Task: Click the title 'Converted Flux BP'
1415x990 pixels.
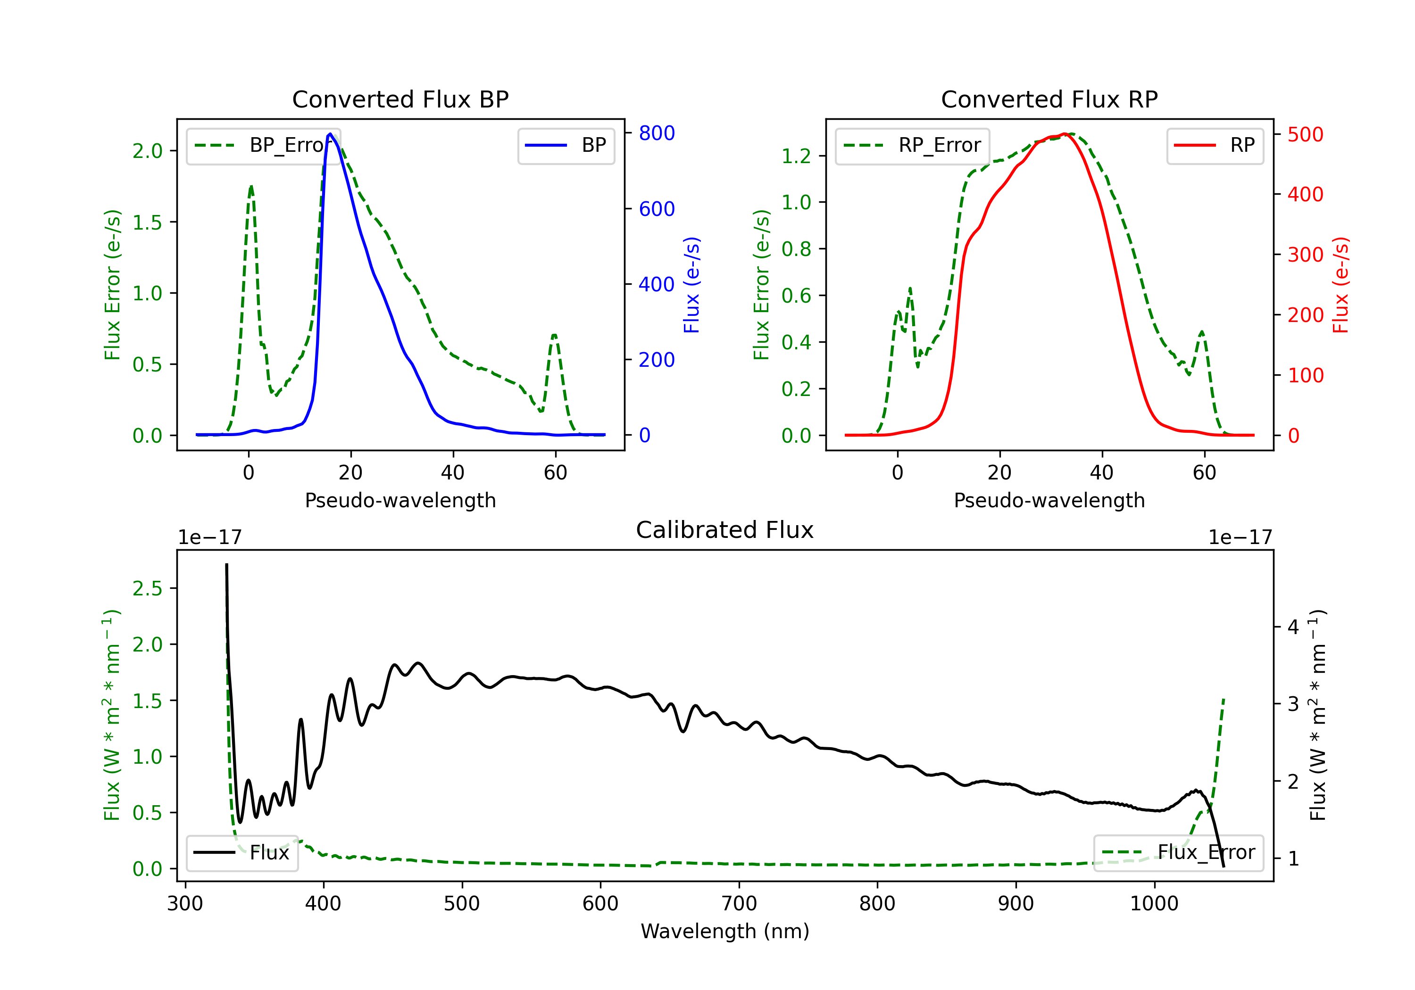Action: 400,99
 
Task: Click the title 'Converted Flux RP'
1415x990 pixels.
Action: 1049,99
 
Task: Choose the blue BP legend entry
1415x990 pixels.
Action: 566,145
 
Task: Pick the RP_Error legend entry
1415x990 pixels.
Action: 912,145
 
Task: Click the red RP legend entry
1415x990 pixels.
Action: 1214,145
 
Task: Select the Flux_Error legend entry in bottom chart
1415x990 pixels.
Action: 1178,853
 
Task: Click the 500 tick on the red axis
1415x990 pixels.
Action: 1305,134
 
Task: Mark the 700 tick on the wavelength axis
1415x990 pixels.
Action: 738,904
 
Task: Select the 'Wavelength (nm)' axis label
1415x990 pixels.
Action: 725,932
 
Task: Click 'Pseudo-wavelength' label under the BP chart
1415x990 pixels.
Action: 400,500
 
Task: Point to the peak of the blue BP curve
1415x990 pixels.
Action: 330,134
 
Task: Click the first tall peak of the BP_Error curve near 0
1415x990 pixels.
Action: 251,186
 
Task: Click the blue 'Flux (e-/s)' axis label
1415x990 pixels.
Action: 691,285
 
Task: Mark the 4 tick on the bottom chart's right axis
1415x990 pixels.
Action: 1293,627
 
